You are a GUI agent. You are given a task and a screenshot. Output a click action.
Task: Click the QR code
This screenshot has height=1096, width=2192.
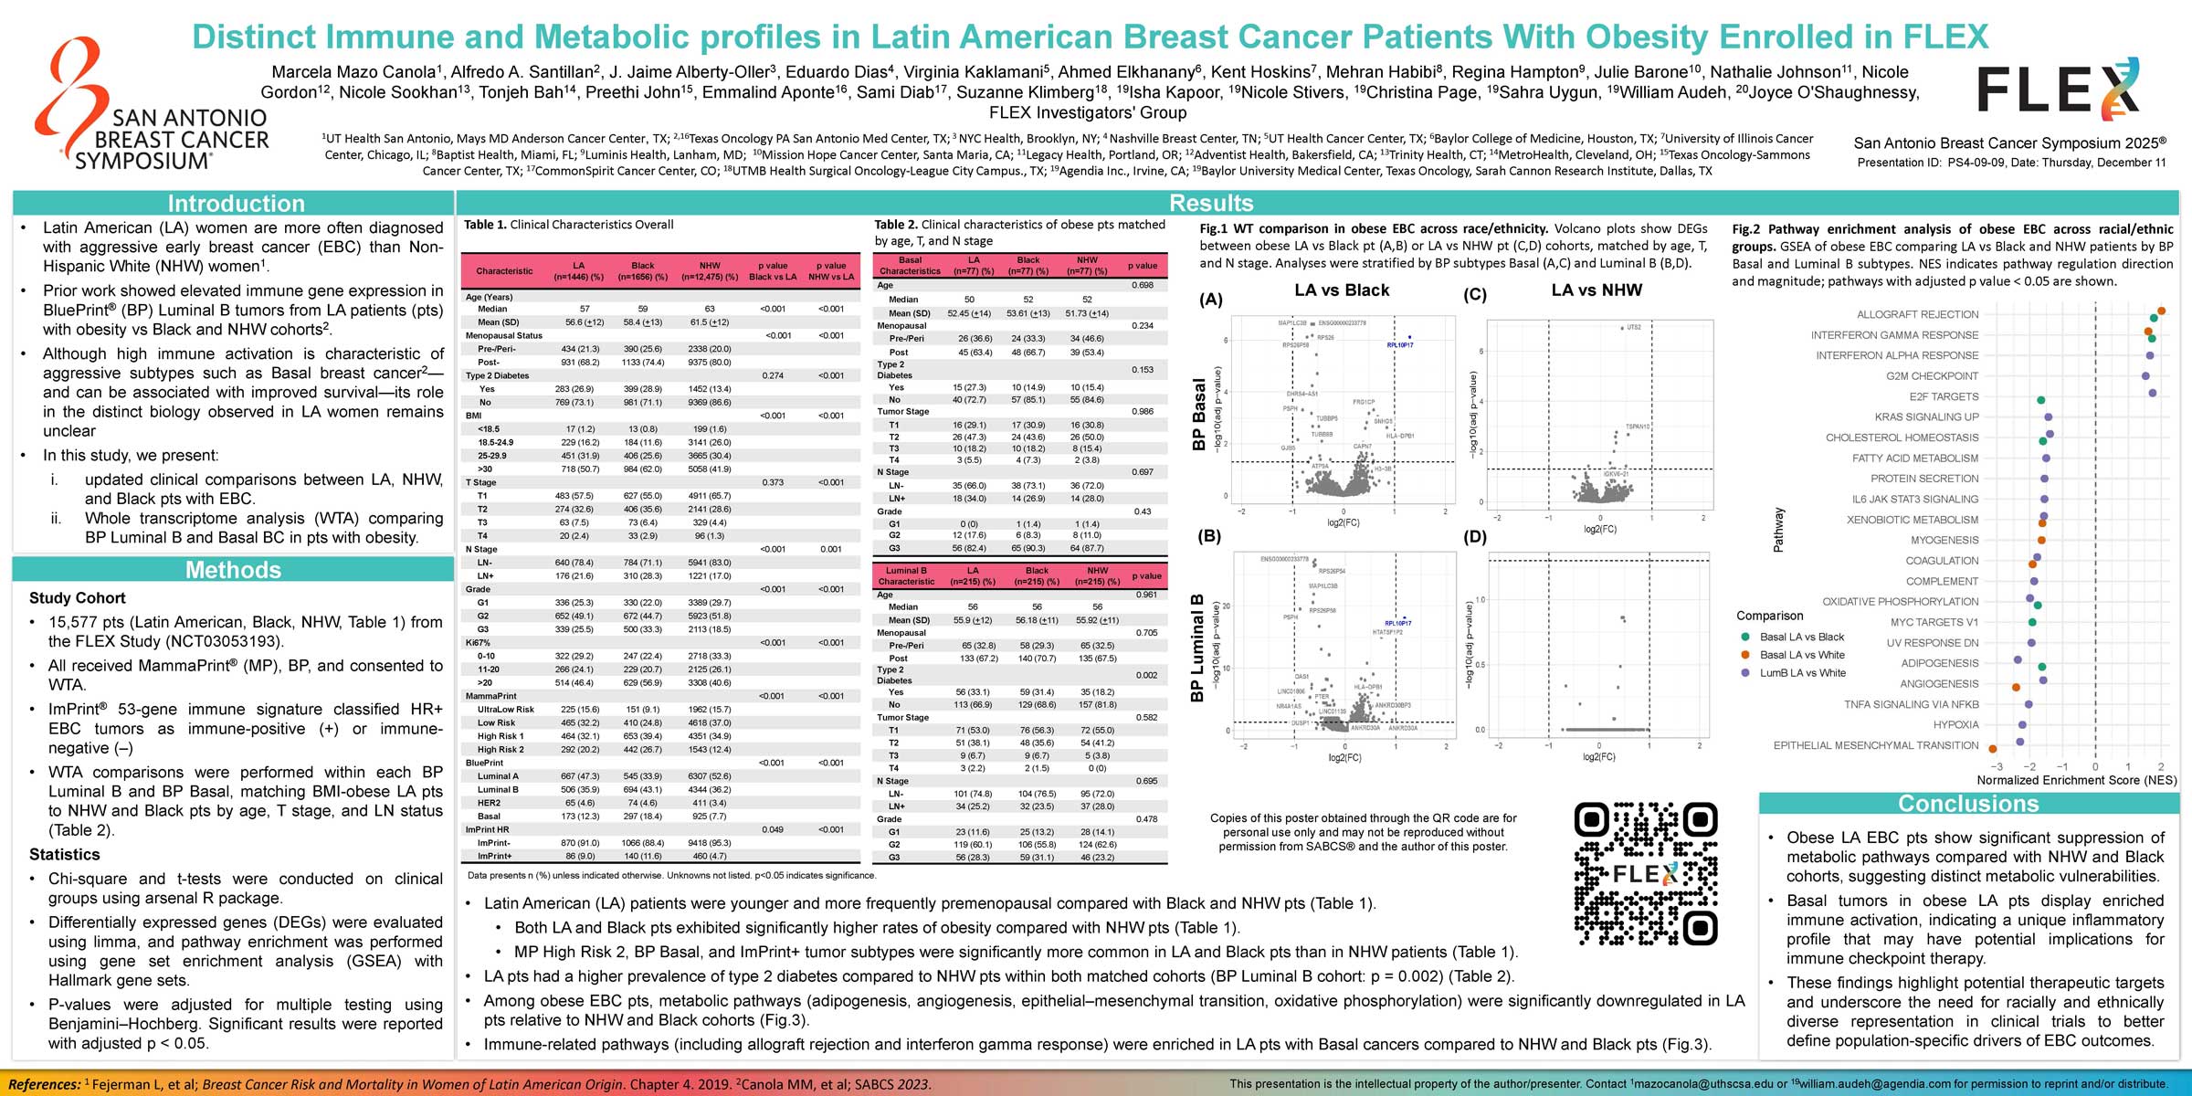point(1646,874)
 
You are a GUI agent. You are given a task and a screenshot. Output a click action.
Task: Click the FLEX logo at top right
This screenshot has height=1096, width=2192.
point(2059,90)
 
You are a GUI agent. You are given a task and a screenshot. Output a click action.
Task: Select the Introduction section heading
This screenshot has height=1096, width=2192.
point(236,204)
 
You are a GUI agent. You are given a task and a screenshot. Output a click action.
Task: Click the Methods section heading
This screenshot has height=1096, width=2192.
point(233,570)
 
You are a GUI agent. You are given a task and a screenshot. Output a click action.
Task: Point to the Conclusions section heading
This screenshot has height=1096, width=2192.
point(1968,804)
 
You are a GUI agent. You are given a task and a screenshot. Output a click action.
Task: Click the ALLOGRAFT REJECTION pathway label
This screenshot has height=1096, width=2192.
point(1917,314)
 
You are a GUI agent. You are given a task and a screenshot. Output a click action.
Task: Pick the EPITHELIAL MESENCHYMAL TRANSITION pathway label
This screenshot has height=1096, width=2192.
point(1875,745)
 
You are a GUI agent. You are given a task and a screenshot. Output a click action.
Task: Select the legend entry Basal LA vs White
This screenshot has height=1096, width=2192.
point(1801,655)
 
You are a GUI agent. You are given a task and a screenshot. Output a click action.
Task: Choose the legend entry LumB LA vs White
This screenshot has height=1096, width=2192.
point(1802,673)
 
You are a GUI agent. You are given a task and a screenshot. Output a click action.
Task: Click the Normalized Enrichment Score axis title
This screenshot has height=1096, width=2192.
point(2076,780)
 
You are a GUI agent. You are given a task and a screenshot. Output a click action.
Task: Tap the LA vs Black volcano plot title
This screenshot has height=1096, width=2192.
point(1342,290)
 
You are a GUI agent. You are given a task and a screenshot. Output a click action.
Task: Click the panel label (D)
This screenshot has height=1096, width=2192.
point(1474,537)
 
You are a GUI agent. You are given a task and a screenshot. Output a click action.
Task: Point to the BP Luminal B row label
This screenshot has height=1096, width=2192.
point(1196,648)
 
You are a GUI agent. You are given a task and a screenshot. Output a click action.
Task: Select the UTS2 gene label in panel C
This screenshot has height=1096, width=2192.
point(1634,327)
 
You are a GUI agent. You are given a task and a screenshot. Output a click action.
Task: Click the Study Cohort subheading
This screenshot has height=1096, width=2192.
point(78,598)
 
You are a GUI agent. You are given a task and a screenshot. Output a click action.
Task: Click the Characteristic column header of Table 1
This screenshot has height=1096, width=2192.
point(504,271)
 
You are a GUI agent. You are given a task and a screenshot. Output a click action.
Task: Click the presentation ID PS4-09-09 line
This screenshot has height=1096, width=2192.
point(2011,163)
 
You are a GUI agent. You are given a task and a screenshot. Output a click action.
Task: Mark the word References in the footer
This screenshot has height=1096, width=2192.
point(44,1084)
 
